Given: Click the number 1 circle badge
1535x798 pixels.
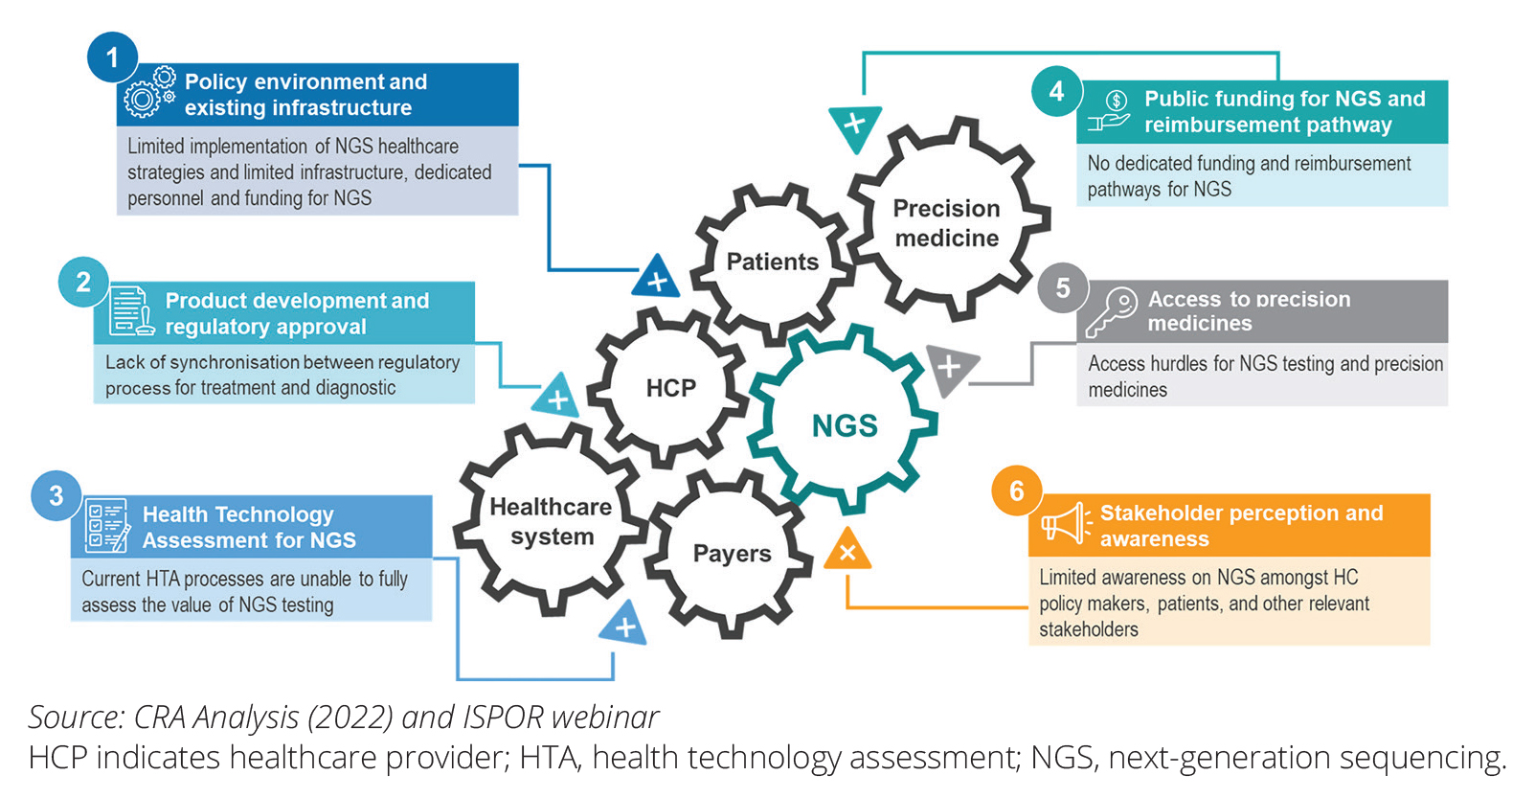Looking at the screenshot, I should click(112, 57).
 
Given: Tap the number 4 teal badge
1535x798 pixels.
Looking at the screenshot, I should click(1056, 91).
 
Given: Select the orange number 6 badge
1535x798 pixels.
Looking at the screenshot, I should click(1016, 490).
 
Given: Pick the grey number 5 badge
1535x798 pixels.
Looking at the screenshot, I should click(1062, 287).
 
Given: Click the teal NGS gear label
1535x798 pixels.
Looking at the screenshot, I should click(845, 425).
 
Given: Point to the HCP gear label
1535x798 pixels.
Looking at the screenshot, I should click(670, 388).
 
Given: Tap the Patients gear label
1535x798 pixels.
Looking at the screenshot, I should click(772, 262).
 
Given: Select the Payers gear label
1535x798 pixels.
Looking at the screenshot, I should click(732, 554).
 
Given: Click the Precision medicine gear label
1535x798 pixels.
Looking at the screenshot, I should click(946, 223).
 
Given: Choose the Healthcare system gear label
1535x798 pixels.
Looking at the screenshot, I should click(551, 521).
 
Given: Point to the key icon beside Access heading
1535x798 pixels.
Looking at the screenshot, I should click(1111, 312).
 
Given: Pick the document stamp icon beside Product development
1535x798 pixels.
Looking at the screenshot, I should click(130, 310).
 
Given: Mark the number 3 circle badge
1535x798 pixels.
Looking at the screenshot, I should click(56, 495).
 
